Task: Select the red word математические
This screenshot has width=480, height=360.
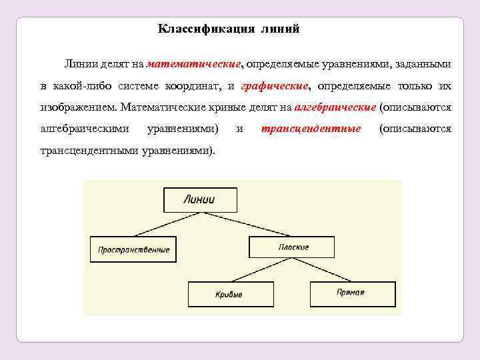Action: [194, 64]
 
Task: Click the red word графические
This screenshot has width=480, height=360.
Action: [275, 86]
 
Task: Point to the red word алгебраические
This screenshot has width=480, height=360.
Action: [335, 107]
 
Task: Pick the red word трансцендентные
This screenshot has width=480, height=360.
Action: [311, 128]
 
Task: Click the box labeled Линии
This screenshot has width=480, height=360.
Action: [200, 199]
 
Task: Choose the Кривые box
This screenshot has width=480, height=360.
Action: [229, 294]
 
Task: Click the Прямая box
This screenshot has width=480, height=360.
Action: [352, 293]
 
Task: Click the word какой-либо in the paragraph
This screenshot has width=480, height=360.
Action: [81, 86]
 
